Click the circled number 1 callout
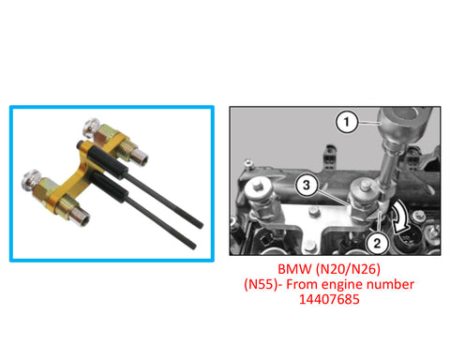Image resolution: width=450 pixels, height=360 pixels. click(x=347, y=122)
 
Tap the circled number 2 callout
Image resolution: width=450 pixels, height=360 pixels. click(x=377, y=243)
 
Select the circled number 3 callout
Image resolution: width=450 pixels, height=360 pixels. click(x=307, y=185)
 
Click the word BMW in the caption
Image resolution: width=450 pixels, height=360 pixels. click(x=294, y=269)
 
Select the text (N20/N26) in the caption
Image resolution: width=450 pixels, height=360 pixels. click(x=348, y=269)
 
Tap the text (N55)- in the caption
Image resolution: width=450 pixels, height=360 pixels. click(x=262, y=284)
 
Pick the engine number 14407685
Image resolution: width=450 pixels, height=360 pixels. click(x=329, y=299)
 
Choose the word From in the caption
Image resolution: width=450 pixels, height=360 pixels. click(x=302, y=284)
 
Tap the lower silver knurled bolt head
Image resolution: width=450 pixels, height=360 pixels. click(x=30, y=181)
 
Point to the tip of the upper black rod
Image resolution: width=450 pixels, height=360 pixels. click(x=201, y=225)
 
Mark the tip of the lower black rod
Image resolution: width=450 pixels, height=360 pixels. click(x=193, y=246)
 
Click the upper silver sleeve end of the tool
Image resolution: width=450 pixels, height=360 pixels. click(x=139, y=157)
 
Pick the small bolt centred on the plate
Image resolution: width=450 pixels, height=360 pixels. click(x=313, y=214)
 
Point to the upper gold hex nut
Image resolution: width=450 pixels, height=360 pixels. click(x=104, y=135)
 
